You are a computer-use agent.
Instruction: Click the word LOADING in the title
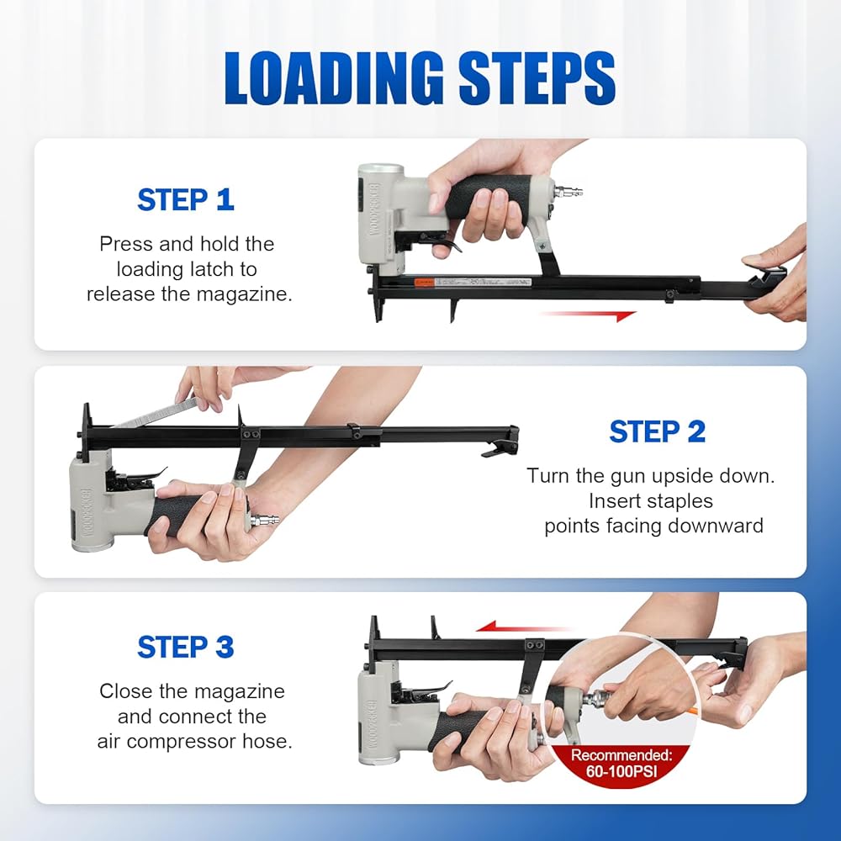point(334,77)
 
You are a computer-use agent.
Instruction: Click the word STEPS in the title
point(537,77)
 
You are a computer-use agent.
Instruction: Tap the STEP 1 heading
point(186,200)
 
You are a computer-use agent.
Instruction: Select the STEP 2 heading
point(658,431)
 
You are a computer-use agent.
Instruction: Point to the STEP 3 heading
point(186,647)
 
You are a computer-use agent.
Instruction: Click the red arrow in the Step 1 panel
point(588,315)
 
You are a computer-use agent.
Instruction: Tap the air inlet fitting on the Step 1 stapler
point(569,190)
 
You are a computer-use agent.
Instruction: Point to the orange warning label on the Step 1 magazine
point(424,282)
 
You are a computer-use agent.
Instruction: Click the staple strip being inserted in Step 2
point(156,413)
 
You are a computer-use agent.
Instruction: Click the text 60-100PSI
point(621,772)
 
